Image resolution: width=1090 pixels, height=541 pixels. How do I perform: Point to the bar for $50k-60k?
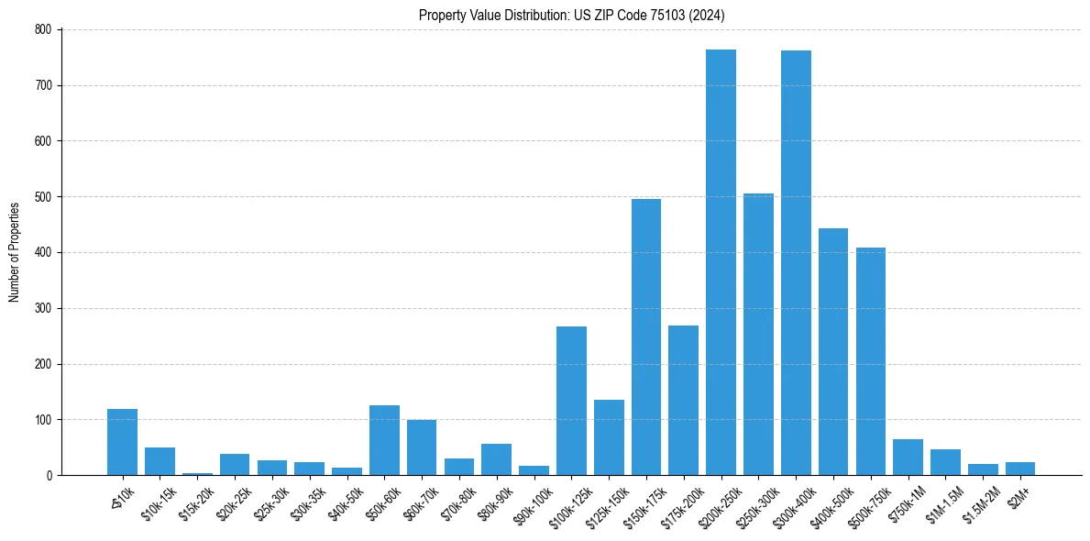(x=384, y=440)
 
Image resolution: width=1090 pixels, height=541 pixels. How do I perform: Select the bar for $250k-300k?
(x=758, y=335)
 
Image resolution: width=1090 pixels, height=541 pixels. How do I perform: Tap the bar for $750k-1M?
(x=908, y=458)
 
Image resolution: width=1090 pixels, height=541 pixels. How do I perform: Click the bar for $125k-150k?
(x=609, y=437)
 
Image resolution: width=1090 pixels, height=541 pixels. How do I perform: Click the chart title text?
(x=572, y=16)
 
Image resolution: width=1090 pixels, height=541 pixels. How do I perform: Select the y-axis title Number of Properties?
(x=15, y=252)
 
